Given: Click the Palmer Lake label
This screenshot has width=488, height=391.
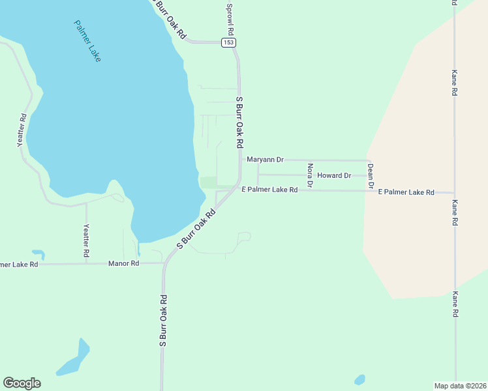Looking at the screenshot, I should pyautogui.click(x=87, y=41).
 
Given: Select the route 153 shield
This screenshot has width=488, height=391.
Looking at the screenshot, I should pyautogui.click(x=228, y=42).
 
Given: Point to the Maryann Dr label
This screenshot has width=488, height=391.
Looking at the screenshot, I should pyautogui.click(x=265, y=159).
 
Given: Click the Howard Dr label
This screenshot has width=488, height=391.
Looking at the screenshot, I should pyautogui.click(x=334, y=175).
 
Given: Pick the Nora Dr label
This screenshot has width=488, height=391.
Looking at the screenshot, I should pyautogui.click(x=311, y=175).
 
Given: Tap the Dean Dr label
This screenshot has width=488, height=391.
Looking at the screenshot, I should pyautogui.click(x=370, y=177).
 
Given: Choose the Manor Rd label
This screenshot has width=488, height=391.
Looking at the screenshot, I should pyautogui.click(x=124, y=263).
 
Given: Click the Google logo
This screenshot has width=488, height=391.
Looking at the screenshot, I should pyautogui.click(x=22, y=383).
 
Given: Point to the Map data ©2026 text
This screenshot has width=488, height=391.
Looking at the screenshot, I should pyautogui.click(x=460, y=385).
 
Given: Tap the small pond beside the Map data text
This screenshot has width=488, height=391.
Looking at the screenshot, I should pyautogui.click(x=359, y=379).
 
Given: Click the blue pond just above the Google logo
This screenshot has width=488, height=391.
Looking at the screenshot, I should pyautogui.click(x=73, y=359).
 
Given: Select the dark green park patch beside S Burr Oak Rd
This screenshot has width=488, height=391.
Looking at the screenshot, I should pyautogui.click(x=208, y=182).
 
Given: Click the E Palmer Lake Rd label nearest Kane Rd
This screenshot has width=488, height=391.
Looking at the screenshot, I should pyautogui.click(x=406, y=192).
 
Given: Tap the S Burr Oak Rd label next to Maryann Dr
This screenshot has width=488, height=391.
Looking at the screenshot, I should pyautogui.click(x=239, y=122).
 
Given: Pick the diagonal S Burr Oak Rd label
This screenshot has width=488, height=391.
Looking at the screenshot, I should pyautogui.click(x=196, y=229).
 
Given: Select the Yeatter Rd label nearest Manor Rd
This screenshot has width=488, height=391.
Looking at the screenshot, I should pyautogui.click(x=85, y=243).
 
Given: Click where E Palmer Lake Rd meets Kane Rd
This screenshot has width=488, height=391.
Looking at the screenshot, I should pyautogui.click(x=454, y=193).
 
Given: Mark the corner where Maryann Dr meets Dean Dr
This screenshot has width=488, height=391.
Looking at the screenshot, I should pyautogui.click(x=370, y=160).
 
